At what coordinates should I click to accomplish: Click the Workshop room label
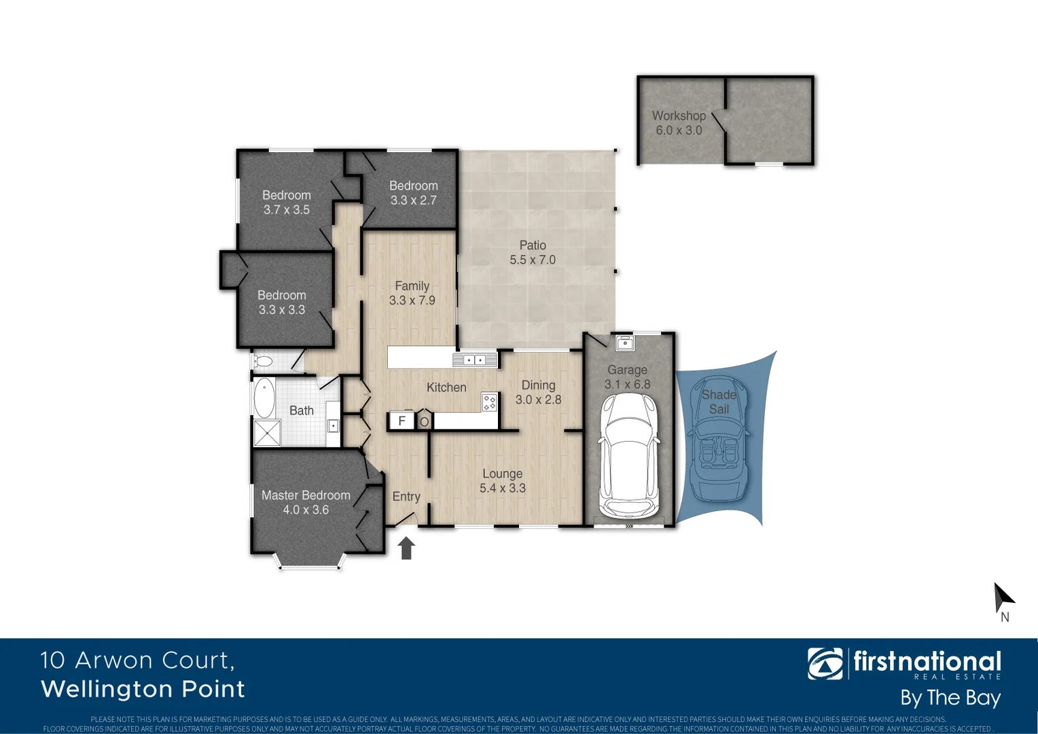pyautogui.click(x=679, y=116)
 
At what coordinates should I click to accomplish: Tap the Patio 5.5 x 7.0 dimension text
pyautogui.click(x=533, y=260)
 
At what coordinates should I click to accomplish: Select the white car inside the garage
pyautogui.click(x=629, y=455)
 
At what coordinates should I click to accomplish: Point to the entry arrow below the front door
pyautogui.click(x=406, y=548)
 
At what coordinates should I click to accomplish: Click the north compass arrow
pyautogui.click(x=1003, y=598)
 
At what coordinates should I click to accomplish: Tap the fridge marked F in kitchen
pyautogui.click(x=401, y=421)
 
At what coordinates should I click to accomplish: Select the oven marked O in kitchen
pyautogui.click(x=425, y=421)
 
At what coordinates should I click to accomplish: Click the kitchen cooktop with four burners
pyautogui.click(x=489, y=402)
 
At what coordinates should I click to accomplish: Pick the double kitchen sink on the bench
pyautogui.click(x=475, y=360)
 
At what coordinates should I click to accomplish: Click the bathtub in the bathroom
pyautogui.click(x=264, y=398)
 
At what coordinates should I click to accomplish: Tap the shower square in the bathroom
pyautogui.click(x=267, y=434)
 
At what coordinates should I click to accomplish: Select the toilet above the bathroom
pyautogui.click(x=264, y=361)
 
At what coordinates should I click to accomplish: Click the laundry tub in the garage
pyautogui.click(x=624, y=343)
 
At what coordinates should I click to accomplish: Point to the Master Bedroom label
pyautogui.click(x=306, y=495)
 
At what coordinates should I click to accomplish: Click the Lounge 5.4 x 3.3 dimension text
pyautogui.click(x=503, y=489)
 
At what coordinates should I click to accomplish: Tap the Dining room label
pyautogui.click(x=538, y=385)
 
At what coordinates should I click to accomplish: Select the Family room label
pyautogui.click(x=412, y=286)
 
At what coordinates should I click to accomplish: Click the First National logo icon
pyautogui.click(x=825, y=663)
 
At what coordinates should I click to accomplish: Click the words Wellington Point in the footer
pyautogui.click(x=143, y=689)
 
